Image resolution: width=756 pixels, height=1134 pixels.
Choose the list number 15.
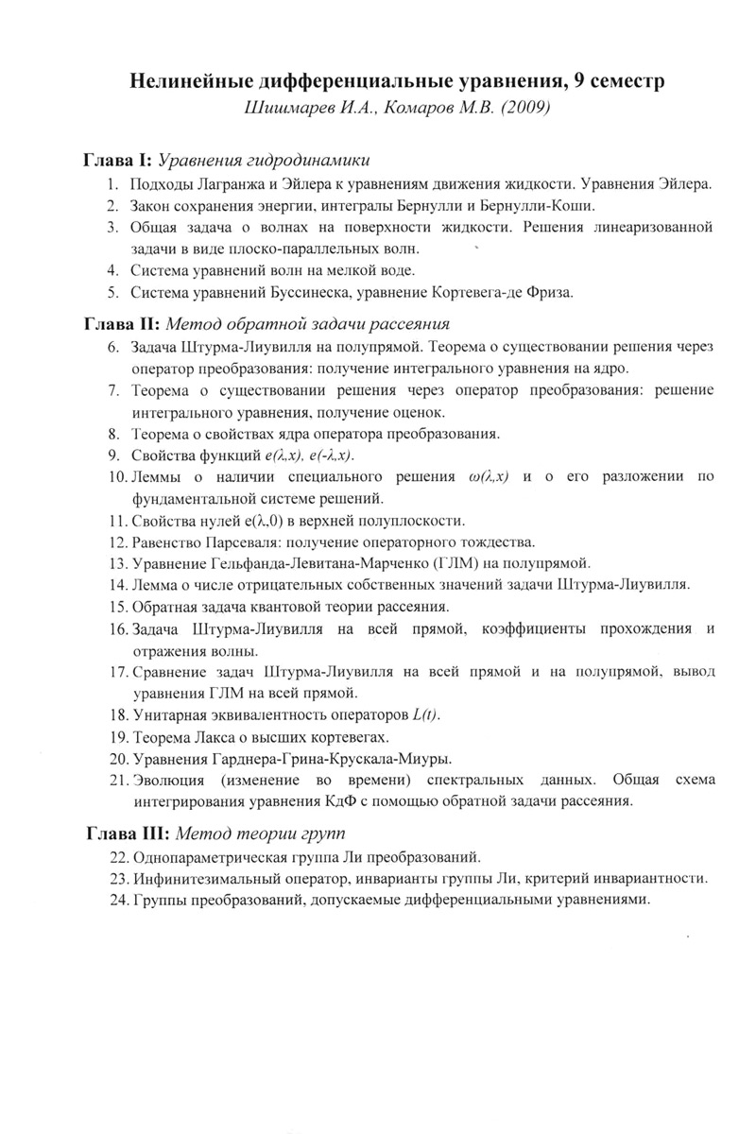(x=117, y=606)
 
